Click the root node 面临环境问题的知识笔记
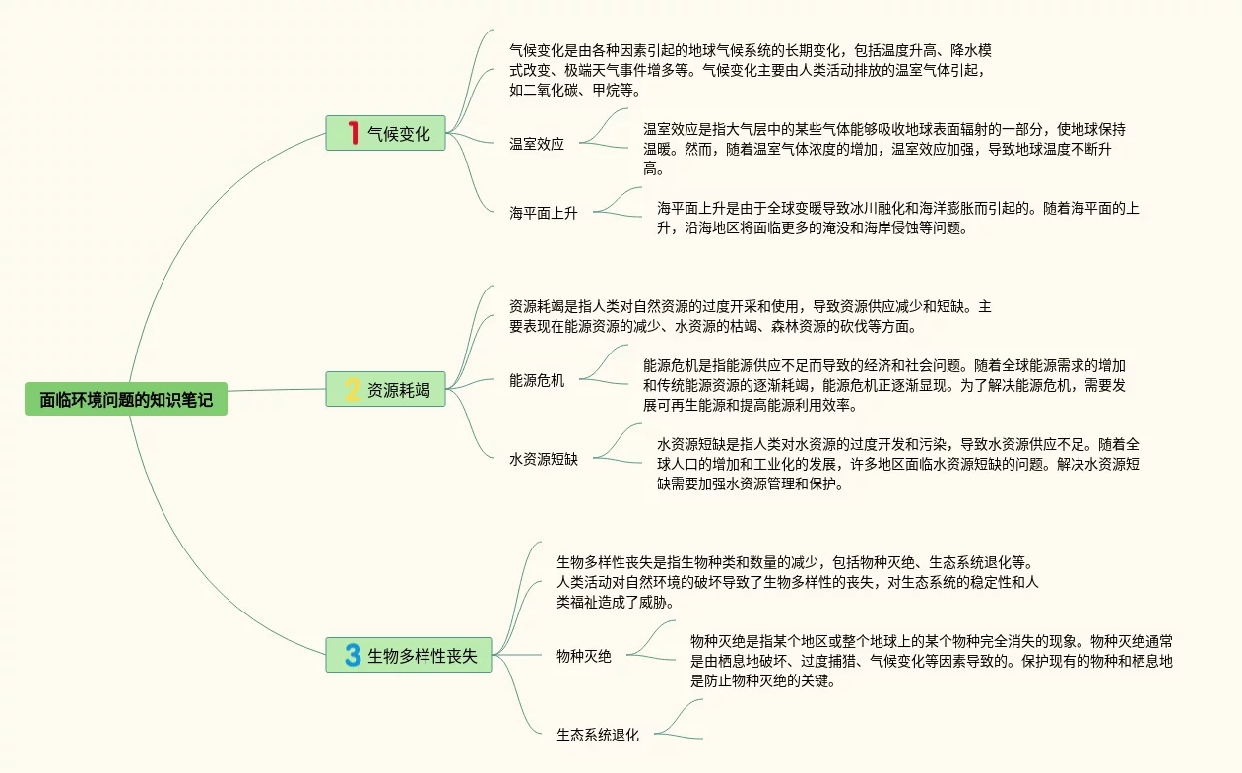coord(126,399)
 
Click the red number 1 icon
coord(353,133)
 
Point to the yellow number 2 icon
coord(353,390)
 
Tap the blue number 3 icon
coord(353,655)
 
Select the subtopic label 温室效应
coord(537,144)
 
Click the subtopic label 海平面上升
coord(544,213)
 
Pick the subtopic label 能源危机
coord(537,381)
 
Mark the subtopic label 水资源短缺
coord(544,459)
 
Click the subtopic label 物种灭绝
coord(584,656)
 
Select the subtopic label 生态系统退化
coord(598,735)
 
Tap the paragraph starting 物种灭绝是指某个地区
coord(932,661)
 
